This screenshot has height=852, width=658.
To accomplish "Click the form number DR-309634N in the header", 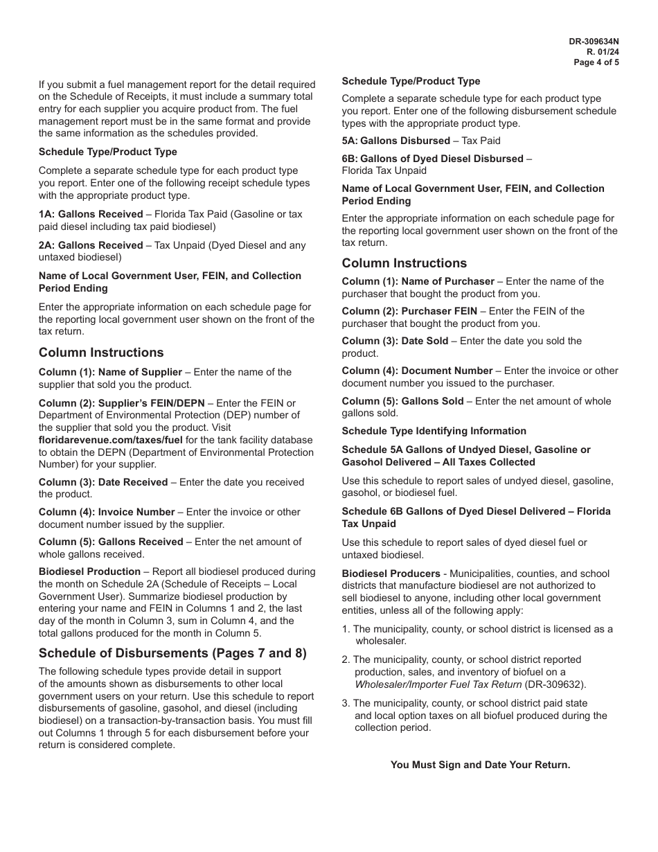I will (594, 42).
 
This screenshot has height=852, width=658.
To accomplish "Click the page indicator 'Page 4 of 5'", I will (596, 62).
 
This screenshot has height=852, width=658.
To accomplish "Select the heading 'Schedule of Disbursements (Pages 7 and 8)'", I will (172, 653).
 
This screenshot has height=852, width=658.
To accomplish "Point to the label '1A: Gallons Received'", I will (91, 215).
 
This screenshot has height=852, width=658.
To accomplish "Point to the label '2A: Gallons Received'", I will (91, 245).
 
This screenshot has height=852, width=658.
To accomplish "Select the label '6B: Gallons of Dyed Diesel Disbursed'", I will (432, 159).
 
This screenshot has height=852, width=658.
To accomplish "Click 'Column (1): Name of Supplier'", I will (110, 372).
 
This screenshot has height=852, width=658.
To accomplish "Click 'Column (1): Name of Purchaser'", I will (418, 281).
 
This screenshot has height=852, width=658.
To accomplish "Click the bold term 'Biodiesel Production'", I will (89, 571).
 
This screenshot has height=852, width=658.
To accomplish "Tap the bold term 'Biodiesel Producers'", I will (391, 574).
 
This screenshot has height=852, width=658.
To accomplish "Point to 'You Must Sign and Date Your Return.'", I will (480, 765).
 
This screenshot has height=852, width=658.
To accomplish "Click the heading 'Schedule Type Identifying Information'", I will (434, 431).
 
